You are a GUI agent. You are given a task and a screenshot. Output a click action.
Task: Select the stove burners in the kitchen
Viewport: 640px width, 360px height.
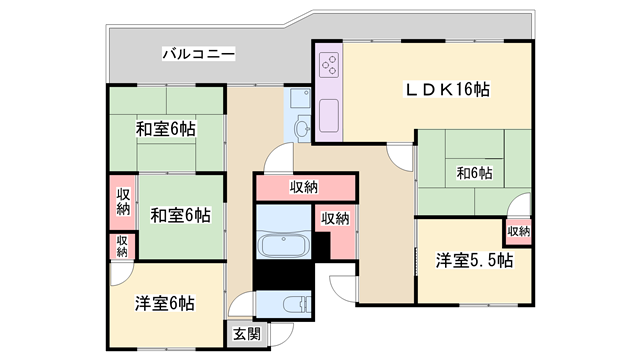[x=329, y=65]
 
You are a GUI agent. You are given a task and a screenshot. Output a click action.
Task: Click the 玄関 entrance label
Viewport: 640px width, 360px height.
[x=247, y=334]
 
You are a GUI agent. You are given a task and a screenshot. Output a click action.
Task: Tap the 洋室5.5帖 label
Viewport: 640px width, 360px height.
[x=474, y=261]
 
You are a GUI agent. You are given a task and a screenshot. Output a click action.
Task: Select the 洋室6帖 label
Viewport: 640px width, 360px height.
[x=165, y=303]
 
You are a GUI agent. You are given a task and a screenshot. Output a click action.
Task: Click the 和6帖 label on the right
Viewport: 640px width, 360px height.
[x=474, y=173]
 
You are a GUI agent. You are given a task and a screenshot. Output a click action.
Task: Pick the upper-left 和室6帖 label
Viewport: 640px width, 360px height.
[x=165, y=129]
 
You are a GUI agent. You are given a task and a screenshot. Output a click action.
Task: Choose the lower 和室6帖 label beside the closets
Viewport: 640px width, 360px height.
[x=180, y=214]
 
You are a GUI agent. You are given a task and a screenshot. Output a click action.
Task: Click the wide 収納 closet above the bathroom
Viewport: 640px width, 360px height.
[x=305, y=187]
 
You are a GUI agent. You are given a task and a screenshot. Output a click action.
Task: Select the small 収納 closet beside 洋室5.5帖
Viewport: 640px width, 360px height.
[x=518, y=231]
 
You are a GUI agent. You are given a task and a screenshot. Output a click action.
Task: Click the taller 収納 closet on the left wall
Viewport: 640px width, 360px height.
[x=123, y=201]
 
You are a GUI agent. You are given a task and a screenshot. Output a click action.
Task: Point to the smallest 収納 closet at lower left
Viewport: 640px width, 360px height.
[x=122, y=246]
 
